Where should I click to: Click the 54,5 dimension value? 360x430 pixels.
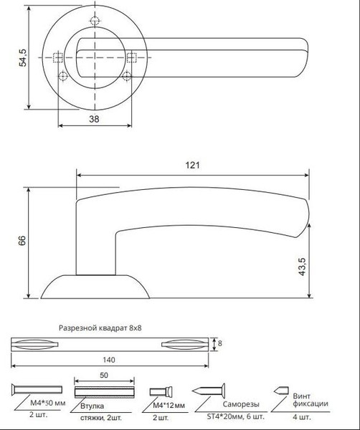point(23,57)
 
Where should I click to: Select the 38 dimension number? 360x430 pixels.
point(94,119)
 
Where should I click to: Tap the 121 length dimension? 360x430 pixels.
point(193,166)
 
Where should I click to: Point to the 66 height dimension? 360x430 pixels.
point(22,240)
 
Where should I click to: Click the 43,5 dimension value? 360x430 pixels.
point(302,267)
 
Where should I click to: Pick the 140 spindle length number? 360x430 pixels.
point(109,360)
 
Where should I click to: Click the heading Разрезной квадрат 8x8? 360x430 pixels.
point(100,328)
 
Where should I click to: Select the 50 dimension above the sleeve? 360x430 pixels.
point(104,375)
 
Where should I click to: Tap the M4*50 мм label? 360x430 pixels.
point(48,403)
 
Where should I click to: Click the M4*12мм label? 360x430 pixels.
point(169,406)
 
